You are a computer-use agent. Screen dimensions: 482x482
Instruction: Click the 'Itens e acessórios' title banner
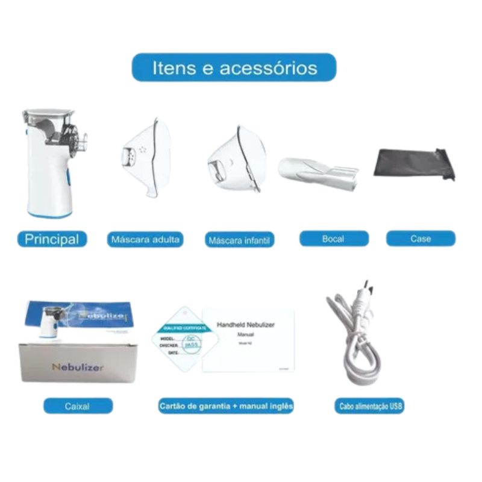click(234, 67)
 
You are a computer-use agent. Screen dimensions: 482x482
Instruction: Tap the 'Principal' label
click(52, 239)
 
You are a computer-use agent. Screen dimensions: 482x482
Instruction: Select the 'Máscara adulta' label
click(145, 239)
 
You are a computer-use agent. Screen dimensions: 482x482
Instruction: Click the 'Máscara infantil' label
click(240, 240)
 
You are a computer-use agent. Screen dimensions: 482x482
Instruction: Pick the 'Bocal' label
click(333, 239)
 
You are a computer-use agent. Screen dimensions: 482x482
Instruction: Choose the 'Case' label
click(421, 239)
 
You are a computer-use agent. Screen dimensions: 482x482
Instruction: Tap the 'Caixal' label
click(78, 406)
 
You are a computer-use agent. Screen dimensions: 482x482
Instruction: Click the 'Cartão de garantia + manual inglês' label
click(226, 406)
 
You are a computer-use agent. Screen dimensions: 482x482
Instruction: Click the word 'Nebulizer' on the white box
click(77, 367)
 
